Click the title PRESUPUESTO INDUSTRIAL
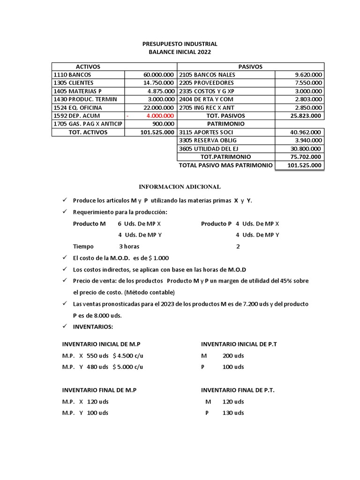(x=180, y=44)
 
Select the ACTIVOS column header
(x=88, y=67)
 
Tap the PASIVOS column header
(x=250, y=67)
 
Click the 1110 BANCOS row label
(x=73, y=75)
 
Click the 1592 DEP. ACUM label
(x=77, y=116)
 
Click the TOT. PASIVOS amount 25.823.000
(x=306, y=116)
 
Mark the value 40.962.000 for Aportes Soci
(x=306, y=132)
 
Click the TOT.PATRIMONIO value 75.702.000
(x=306, y=157)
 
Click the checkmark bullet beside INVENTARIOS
(x=65, y=327)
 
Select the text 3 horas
(x=129, y=247)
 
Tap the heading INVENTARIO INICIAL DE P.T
(x=239, y=344)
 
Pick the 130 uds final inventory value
(x=233, y=413)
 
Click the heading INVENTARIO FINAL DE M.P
(x=99, y=390)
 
